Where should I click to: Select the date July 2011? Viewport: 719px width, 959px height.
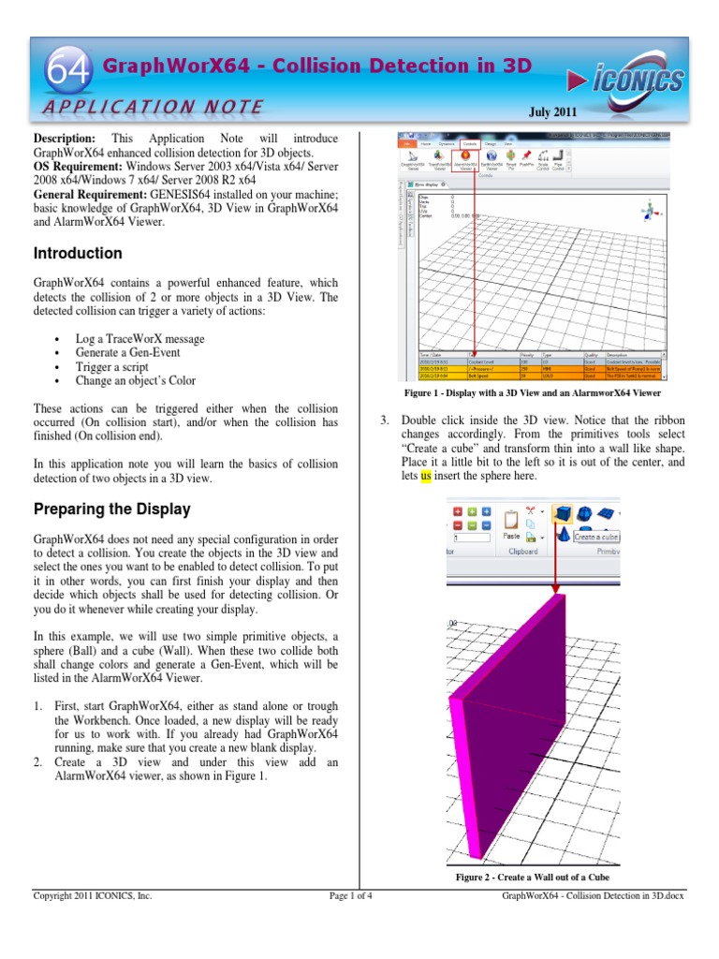pos(553,112)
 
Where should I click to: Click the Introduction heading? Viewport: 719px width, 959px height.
pos(78,254)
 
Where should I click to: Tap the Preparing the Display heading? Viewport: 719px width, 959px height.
pos(112,510)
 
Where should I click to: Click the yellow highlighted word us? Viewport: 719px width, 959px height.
pos(426,476)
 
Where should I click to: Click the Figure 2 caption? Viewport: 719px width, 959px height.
pos(532,878)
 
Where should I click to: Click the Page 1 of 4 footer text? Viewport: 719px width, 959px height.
pos(351,896)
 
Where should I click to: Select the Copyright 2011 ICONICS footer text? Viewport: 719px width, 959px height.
pos(93,896)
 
